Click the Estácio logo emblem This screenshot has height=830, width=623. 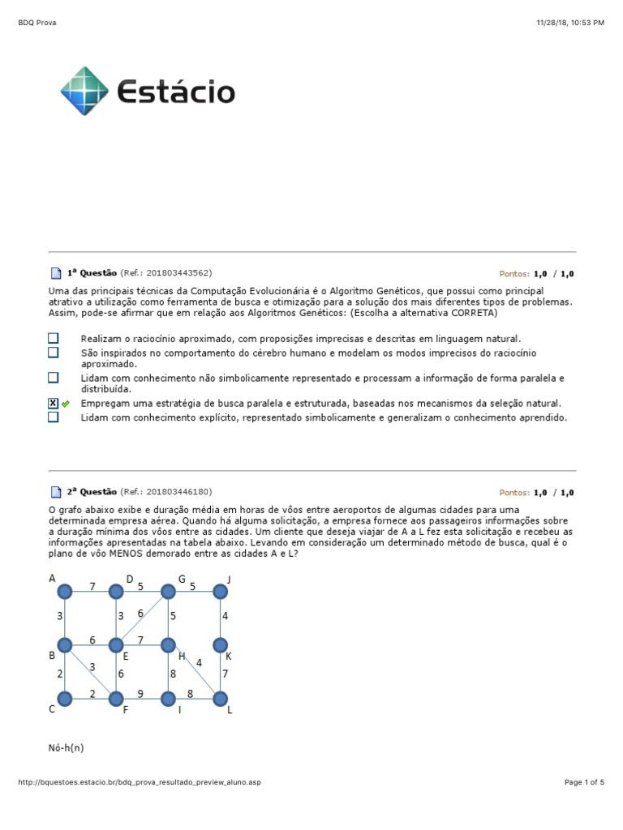click(x=84, y=91)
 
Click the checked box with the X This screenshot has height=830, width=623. click(x=53, y=403)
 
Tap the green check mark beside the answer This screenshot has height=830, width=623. click(x=66, y=404)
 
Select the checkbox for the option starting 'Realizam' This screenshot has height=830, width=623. click(x=53, y=338)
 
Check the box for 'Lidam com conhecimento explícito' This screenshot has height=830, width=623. click(x=53, y=417)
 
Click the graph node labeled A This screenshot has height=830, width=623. click(x=66, y=593)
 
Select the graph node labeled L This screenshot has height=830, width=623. click(x=220, y=697)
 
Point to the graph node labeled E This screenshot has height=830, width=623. click(x=117, y=645)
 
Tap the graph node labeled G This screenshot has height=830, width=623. click(x=168, y=593)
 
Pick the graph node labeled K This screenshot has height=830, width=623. click(x=220, y=645)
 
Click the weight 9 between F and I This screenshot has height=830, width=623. click(x=141, y=693)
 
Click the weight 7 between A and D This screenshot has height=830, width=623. click(x=92, y=586)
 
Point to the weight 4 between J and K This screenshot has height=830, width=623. click(x=226, y=616)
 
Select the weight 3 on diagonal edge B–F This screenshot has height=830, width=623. click(x=92, y=666)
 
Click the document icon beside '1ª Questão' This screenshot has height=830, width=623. click(x=55, y=274)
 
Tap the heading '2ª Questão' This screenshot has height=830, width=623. click(x=92, y=491)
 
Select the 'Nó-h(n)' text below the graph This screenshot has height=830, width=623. click(x=66, y=748)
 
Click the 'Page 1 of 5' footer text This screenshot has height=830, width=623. click(x=584, y=782)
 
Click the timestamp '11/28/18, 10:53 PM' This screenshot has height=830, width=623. click(x=570, y=23)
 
